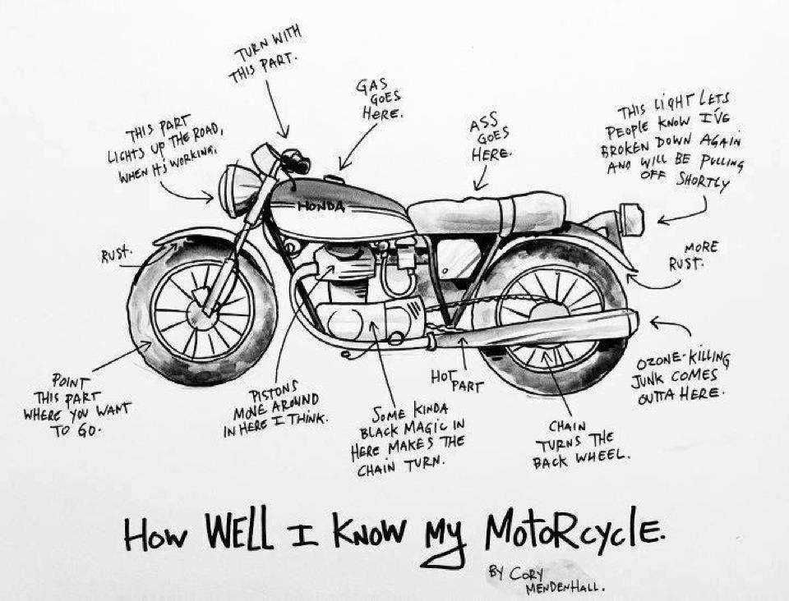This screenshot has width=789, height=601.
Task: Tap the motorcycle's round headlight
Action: [x=238, y=190]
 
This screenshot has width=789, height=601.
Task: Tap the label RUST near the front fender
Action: [x=115, y=255]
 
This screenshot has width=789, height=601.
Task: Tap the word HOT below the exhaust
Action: [x=442, y=377]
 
